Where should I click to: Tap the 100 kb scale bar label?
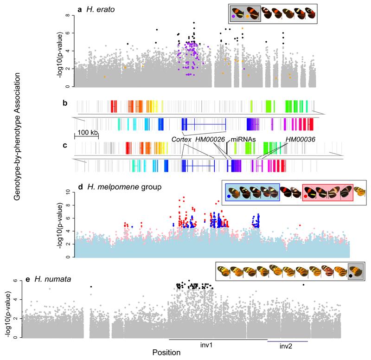[86, 133]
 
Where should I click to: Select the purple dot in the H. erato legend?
[240, 17]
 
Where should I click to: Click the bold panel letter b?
[66, 104]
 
